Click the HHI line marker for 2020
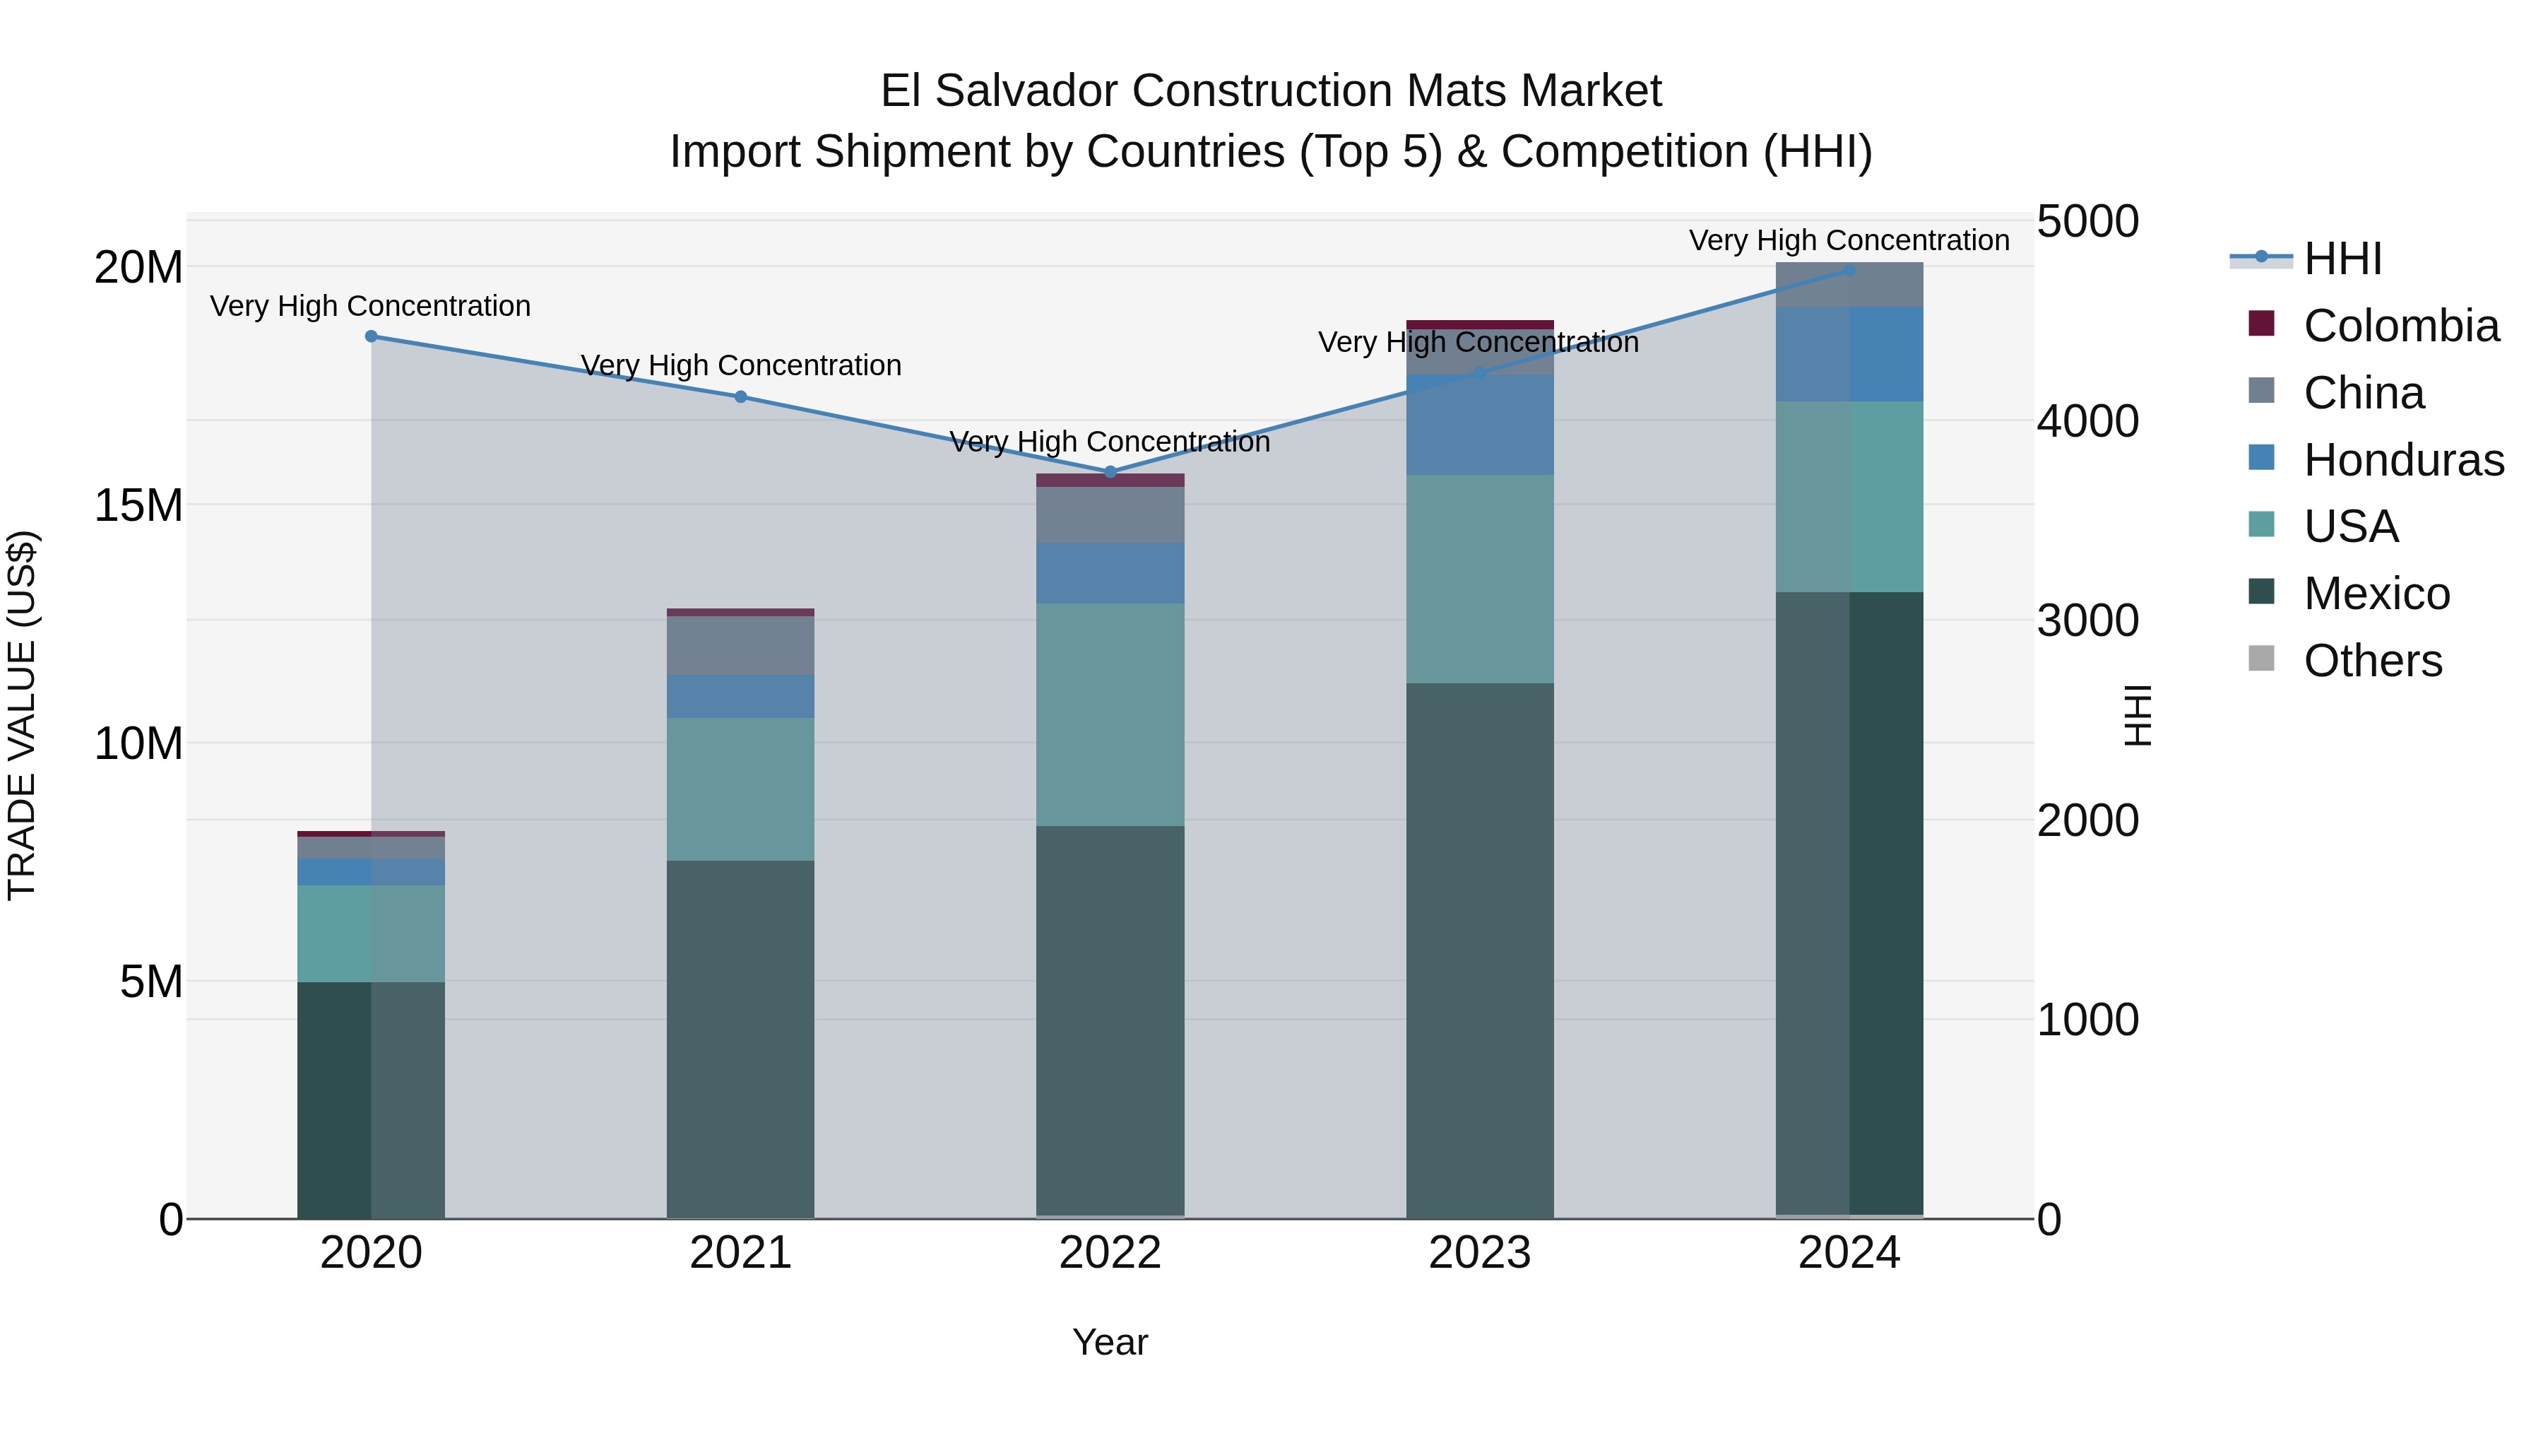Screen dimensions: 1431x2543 [x=371, y=337]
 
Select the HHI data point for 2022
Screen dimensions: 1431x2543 [x=1110, y=472]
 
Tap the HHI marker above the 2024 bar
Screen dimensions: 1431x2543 [x=1849, y=271]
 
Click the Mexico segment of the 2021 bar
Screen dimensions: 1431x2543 [x=740, y=1037]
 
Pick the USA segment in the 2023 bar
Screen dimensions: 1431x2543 [x=1480, y=579]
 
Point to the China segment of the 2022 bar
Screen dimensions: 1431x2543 [x=1110, y=514]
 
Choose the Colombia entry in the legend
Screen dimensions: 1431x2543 [x=2400, y=326]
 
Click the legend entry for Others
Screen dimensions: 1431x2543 [x=2372, y=661]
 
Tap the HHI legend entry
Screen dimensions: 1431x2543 [x=2342, y=259]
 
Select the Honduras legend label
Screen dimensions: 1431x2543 [x=2403, y=460]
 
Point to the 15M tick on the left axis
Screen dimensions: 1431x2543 [x=138, y=506]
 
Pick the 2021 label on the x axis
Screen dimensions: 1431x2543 [x=740, y=1253]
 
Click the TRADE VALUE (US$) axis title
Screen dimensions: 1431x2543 [x=22, y=715]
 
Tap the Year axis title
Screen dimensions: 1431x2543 [x=1110, y=1342]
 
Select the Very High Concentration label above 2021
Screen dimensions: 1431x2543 [x=740, y=365]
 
